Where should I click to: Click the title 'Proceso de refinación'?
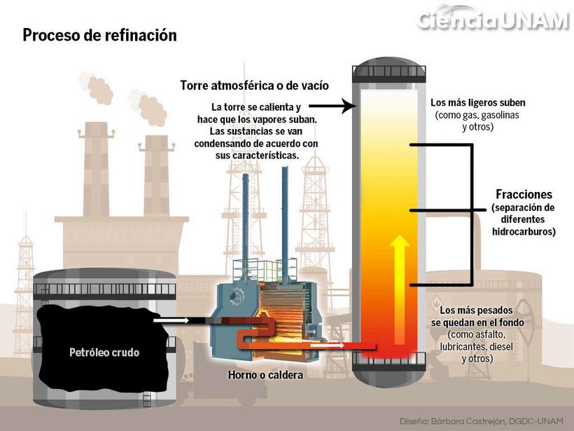[99, 35]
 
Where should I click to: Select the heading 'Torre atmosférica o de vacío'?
[254, 85]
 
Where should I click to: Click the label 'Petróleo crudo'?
[104, 353]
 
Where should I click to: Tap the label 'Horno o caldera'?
[265, 376]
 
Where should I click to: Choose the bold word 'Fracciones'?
[524, 195]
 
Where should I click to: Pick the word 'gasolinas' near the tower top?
[500, 114]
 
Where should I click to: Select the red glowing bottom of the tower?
[389, 343]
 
